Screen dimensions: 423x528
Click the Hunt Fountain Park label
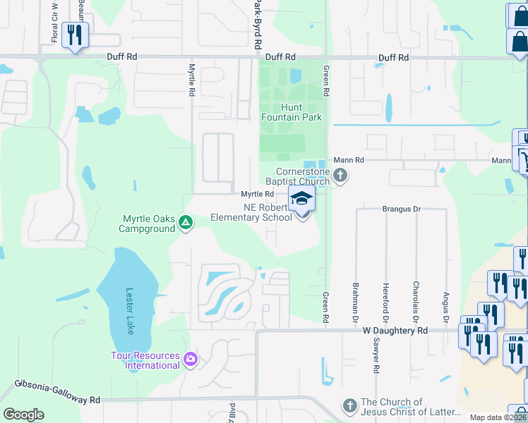[292, 112]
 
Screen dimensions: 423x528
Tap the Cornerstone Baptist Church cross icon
[340, 176]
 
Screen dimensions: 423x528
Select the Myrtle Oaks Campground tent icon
[185, 223]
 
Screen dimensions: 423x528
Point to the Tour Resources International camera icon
[189, 360]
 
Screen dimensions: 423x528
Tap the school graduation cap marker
[301, 199]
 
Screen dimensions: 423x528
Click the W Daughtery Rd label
[395, 330]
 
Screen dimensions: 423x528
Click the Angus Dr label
[445, 304]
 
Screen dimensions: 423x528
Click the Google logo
[23, 415]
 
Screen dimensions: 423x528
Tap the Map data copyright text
[498, 417]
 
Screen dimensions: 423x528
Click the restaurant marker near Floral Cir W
[74, 35]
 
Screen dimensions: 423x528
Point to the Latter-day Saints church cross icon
[349, 405]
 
